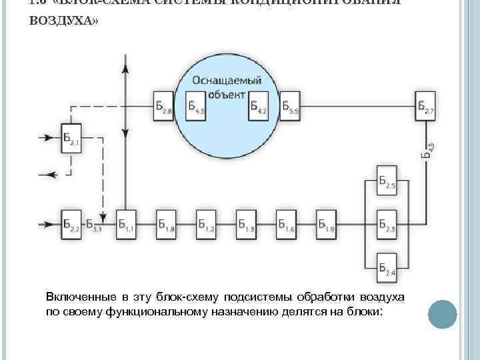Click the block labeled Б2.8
(163, 106)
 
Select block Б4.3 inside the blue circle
(195, 106)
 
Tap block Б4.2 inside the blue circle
(259, 106)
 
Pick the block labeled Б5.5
(290, 106)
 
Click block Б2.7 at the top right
(425, 106)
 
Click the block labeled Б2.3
(387, 225)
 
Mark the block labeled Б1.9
(327, 225)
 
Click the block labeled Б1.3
(247, 225)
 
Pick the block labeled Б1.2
(207, 225)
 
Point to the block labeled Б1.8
(167, 225)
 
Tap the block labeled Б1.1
(127, 225)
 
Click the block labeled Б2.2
(70, 225)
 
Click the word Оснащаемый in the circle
(227, 81)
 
